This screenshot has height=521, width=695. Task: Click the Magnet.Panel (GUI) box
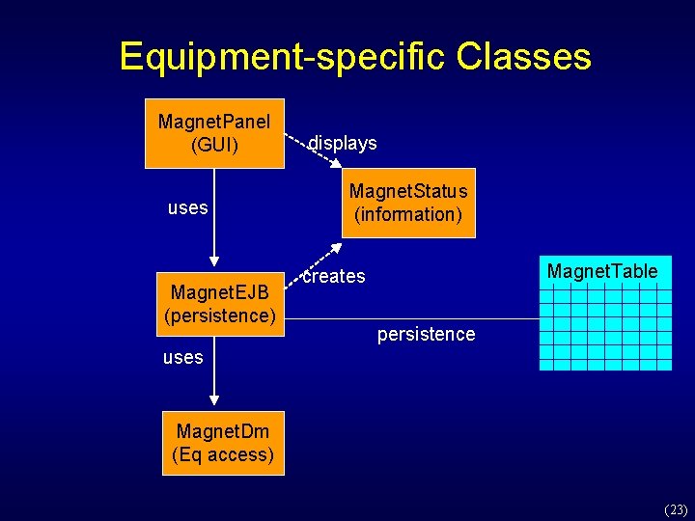(x=214, y=133)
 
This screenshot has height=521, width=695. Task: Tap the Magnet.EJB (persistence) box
(x=221, y=303)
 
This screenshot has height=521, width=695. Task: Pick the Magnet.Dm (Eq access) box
(x=223, y=443)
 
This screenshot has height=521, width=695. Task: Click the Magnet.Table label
(x=602, y=271)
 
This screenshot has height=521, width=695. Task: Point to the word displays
(x=343, y=143)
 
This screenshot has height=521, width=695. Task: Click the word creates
(x=334, y=276)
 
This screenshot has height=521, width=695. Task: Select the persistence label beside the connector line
(x=426, y=334)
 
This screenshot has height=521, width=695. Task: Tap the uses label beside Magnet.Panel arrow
(x=187, y=207)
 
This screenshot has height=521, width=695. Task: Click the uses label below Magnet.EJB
(x=182, y=357)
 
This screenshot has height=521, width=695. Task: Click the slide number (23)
(x=675, y=509)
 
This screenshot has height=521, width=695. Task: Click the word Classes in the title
(x=524, y=57)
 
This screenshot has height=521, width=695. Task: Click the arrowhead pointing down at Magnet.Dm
(x=214, y=399)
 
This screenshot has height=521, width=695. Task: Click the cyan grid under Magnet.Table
(x=605, y=328)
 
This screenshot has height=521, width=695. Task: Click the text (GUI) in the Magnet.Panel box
(x=214, y=146)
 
